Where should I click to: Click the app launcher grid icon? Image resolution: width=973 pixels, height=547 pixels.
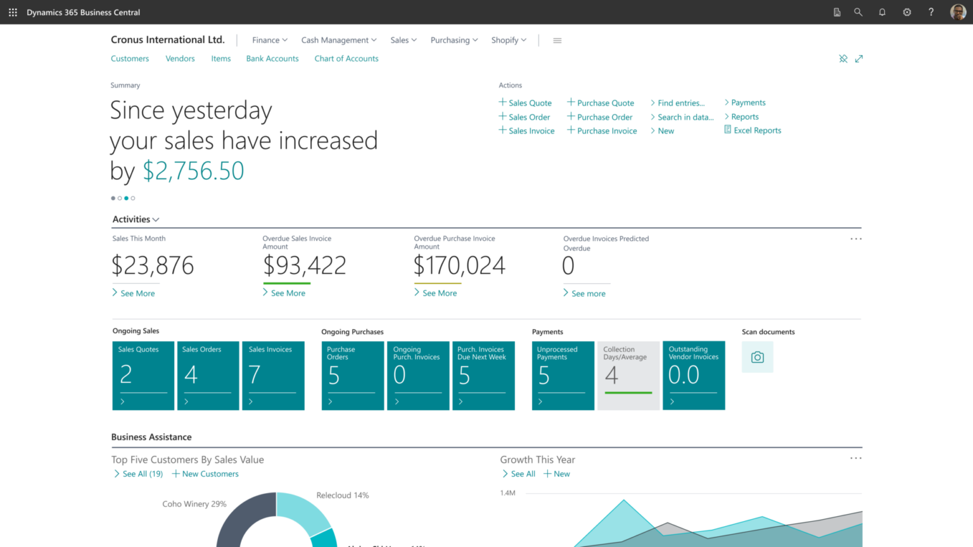coord(13,12)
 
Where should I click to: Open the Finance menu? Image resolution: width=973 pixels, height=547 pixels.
coord(269,40)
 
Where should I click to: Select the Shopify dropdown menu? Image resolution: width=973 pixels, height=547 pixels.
coord(508,40)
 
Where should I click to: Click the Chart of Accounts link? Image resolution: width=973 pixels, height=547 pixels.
coord(346,58)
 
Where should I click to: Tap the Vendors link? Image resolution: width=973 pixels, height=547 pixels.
coord(180,58)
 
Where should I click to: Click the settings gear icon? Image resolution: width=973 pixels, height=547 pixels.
coord(906,12)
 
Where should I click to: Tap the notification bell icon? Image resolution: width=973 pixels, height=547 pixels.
coord(882,12)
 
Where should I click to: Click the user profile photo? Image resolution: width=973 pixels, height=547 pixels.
coord(958,12)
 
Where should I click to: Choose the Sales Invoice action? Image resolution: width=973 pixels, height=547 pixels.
coord(531,131)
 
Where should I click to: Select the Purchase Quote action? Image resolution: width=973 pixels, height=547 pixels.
coord(605,103)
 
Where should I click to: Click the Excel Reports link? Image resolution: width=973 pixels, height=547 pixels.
coord(756,130)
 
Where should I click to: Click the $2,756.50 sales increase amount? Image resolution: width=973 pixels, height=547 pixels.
coord(193,171)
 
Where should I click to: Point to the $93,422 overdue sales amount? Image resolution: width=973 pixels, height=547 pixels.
coord(305,265)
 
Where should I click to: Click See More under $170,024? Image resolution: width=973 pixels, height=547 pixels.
coord(439,293)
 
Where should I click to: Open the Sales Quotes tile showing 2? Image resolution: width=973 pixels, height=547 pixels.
coord(143,375)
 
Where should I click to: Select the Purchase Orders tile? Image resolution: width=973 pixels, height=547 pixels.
coord(352,375)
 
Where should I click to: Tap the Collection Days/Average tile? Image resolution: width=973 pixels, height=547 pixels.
coord(628,375)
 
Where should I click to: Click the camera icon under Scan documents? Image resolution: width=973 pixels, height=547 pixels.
coord(757,357)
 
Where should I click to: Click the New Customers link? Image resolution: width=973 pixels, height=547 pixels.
coord(210,474)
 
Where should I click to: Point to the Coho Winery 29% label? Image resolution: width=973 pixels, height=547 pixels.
coord(194,504)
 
